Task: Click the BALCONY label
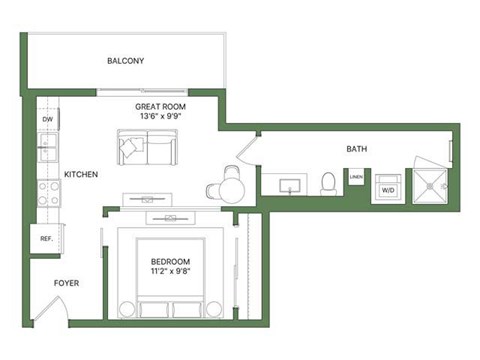click(x=126, y=61)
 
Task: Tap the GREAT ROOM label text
click(x=160, y=106)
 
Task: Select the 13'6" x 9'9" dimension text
click(x=160, y=116)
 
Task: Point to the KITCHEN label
click(x=80, y=174)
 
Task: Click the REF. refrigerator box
click(x=46, y=239)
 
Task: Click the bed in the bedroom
click(x=167, y=275)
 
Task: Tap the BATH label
click(x=356, y=149)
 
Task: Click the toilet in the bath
click(x=327, y=184)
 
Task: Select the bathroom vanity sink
click(x=290, y=184)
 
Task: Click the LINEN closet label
click(x=356, y=178)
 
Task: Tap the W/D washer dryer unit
click(x=387, y=187)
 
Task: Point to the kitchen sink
click(x=45, y=153)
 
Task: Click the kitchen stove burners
click(x=45, y=192)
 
